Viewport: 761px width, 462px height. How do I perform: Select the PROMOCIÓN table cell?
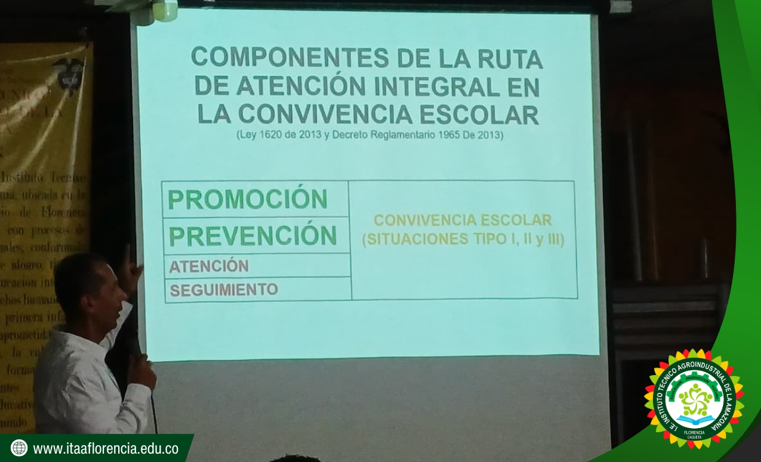248,200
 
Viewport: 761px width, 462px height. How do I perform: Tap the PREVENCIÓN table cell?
253,236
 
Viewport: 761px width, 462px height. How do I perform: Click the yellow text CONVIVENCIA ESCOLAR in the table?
463,220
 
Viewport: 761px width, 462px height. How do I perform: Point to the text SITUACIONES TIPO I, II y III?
463,240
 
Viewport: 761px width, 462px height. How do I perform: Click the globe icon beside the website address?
19,448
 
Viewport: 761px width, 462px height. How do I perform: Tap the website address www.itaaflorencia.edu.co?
106,449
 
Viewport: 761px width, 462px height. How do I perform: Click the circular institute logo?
694,398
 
